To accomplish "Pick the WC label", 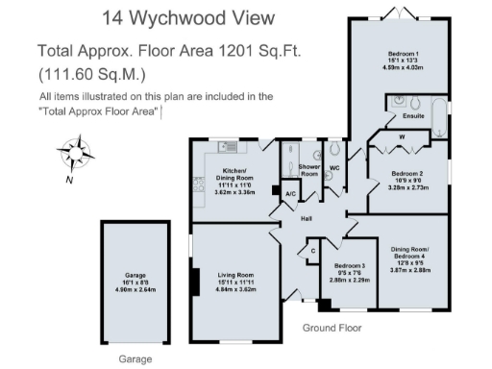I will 334,168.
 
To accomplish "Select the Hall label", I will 307,219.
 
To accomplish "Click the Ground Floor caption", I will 332,328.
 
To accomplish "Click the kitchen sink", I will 228,147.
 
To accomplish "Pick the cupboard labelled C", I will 311,252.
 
